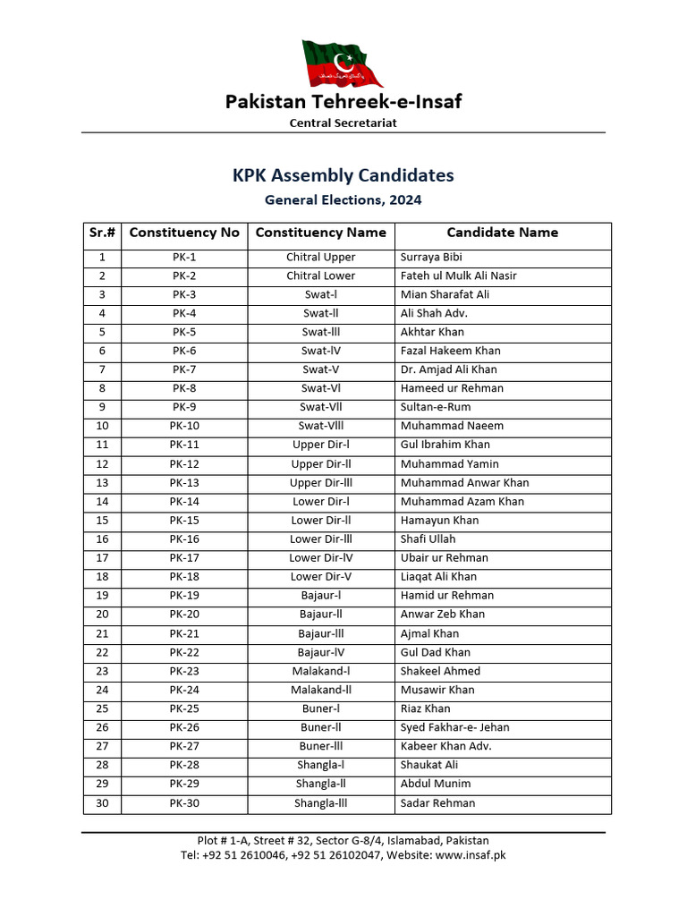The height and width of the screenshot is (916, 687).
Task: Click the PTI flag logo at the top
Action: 343,64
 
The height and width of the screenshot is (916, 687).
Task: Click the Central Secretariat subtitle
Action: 343,123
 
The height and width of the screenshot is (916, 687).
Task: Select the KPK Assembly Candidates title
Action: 343,175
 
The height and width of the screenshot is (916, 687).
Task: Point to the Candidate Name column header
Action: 502,233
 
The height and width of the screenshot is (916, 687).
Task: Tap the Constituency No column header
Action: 184,233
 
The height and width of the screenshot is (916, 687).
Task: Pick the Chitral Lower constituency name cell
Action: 320,276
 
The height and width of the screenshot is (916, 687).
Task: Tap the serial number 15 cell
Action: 102,521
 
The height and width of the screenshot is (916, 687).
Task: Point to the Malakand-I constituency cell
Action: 320,671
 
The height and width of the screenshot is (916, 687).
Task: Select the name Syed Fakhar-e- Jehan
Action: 455,727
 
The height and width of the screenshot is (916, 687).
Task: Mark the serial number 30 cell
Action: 102,803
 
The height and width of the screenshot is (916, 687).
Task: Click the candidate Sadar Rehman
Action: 437,803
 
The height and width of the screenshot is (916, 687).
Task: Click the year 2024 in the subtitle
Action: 404,200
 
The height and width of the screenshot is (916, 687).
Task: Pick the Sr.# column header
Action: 102,233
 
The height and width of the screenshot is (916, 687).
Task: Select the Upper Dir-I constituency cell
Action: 320,445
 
